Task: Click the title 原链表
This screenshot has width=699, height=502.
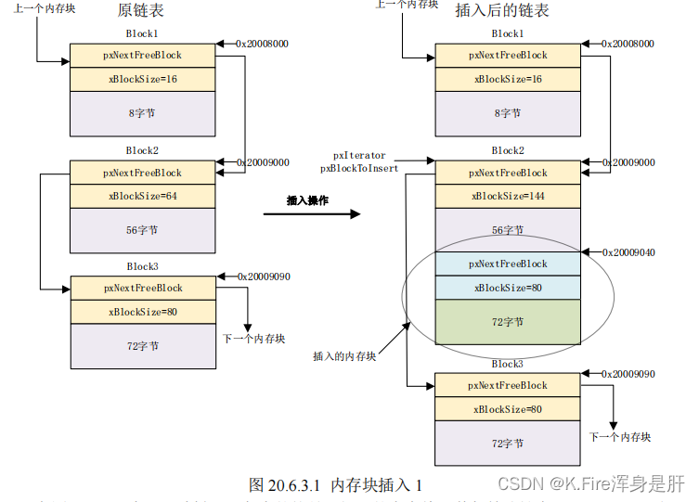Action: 141,11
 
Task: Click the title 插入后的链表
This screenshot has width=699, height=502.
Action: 501,11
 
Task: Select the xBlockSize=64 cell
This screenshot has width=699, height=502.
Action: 142,196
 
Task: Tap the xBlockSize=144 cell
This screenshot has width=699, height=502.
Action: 507,196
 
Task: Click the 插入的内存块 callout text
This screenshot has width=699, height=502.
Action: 344,356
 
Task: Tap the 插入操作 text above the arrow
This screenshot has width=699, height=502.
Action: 306,200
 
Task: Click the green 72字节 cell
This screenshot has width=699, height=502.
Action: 507,322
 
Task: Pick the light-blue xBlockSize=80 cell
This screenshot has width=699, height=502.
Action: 507,288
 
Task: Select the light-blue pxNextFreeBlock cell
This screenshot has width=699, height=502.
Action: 507,264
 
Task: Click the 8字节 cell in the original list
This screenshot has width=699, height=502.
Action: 142,113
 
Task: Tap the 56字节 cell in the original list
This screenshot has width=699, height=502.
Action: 142,230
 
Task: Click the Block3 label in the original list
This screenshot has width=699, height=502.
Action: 142,267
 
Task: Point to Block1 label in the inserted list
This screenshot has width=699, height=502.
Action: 507,34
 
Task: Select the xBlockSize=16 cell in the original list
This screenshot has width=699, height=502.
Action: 142,79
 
